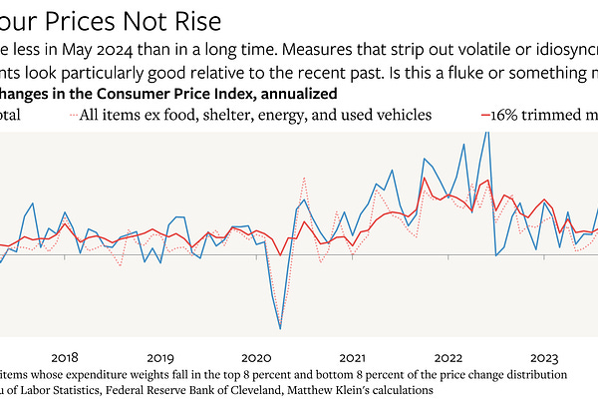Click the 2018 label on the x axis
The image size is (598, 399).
[x=64, y=357]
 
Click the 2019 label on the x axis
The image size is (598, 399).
[x=159, y=357]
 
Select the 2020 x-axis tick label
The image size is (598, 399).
[x=255, y=357]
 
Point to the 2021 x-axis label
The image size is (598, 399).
[x=351, y=357]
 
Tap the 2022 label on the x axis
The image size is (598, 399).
[x=447, y=357]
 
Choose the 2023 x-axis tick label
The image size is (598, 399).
[x=542, y=357]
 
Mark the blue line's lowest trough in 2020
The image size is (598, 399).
[x=280, y=328]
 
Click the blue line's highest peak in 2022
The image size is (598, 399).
[x=486, y=132]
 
